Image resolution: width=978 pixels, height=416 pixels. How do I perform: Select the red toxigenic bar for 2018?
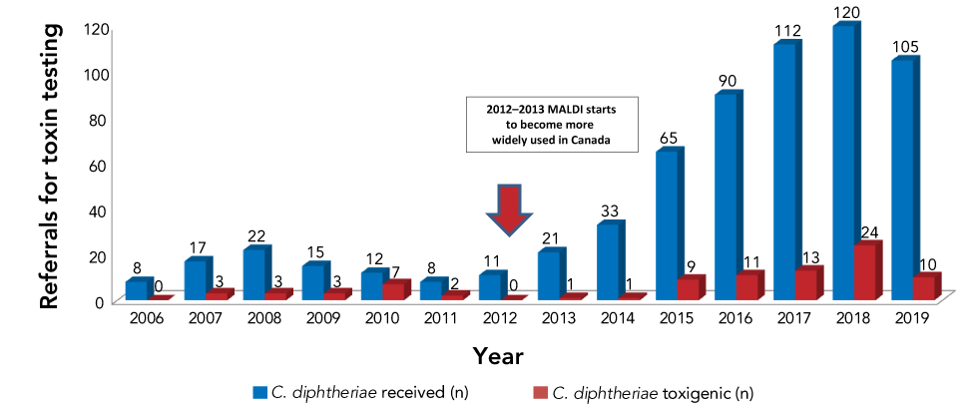pyautogui.click(x=865, y=272)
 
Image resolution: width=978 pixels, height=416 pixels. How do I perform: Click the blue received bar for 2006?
pyautogui.click(x=137, y=289)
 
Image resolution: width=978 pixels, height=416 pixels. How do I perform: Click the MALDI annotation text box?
pyautogui.click(x=554, y=125)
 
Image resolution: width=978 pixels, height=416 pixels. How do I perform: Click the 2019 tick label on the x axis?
pyautogui.click(x=913, y=318)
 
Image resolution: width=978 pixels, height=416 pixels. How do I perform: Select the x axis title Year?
pyautogui.click(x=497, y=354)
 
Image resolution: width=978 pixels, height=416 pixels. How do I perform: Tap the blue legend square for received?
pyautogui.click(x=261, y=390)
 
